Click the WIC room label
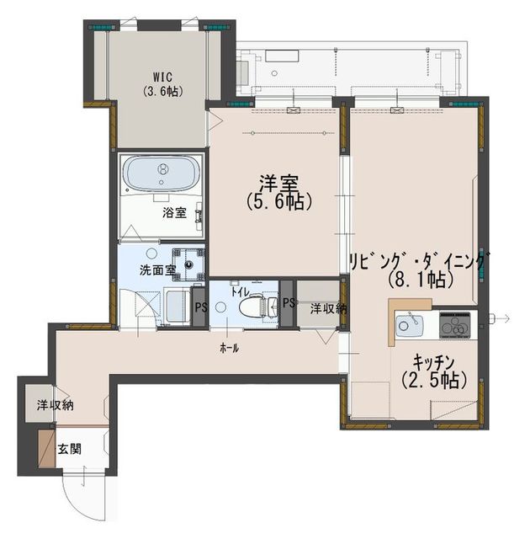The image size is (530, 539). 162,77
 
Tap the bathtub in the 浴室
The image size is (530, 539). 162,173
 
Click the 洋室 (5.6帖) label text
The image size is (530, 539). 278,192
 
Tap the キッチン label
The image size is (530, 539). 433,362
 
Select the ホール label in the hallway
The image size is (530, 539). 229,349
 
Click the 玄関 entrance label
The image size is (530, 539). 69,449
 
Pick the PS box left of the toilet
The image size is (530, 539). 199,307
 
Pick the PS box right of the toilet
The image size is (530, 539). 288,303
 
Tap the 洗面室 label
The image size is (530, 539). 157,270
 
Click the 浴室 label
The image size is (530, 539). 174,213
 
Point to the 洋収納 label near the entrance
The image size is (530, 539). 56,405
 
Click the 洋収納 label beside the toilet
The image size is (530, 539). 328,308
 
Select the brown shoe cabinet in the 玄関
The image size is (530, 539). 46,448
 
